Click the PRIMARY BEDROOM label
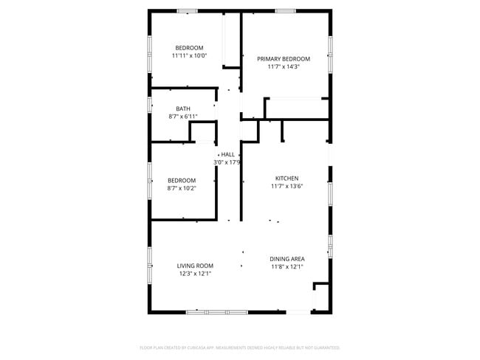coord(284,59)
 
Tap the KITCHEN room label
coord(287,179)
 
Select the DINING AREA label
coord(287,259)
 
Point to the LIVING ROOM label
coord(195,266)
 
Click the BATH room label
coord(182,108)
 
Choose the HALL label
coord(227,154)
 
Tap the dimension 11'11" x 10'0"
coord(189,55)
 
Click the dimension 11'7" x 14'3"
coord(284,66)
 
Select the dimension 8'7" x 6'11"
coord(182,116)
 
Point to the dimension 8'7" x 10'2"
coord(182,188)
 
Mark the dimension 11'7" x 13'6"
coord(287,186)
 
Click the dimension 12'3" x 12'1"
coord(195,273)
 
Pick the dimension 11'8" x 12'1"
coord(287,266)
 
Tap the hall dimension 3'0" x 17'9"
coord(227,162)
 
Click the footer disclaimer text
coord(240,347)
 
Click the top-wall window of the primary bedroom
coord(285,10)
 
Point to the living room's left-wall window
coord(150,257)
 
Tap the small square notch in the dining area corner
coord(321,287)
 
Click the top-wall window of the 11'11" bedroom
coord(188,10)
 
